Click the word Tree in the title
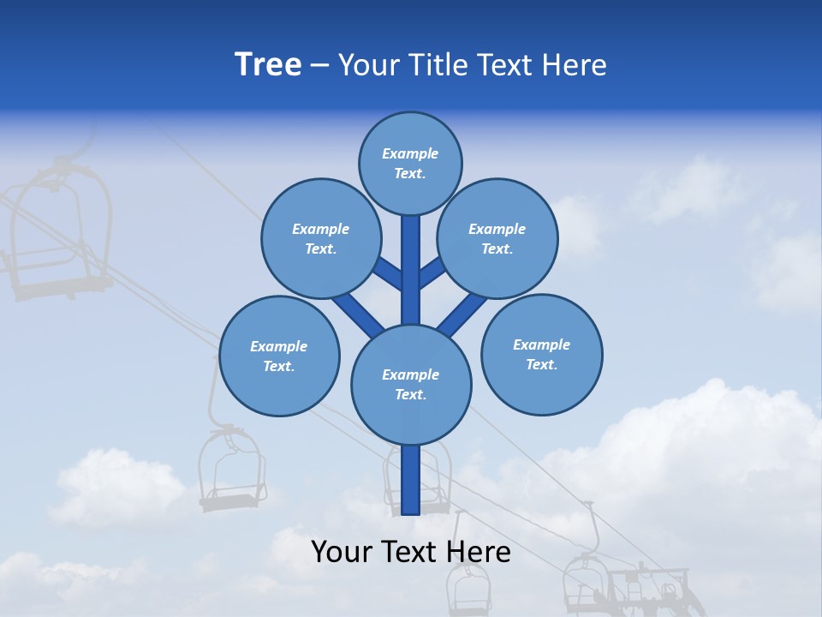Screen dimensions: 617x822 (x=268, y=65)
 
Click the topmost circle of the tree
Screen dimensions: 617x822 (x=410, y=163)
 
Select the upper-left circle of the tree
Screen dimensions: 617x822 (x=320, y=238)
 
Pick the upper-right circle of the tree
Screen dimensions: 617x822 (x=497, y=238)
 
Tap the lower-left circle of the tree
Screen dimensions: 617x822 (x=279, y=356)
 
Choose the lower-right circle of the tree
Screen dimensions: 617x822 (x=541, y=354)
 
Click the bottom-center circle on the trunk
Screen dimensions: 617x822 (x=411, y=384)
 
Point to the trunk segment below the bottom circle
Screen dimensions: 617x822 (x=411, y=480)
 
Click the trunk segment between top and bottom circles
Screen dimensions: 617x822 (x=411, y=270)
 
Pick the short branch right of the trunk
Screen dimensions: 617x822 (x=432, y=274)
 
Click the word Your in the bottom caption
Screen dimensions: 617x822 (x=341, y=552)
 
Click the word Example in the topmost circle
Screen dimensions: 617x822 (x=410, y=154)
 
